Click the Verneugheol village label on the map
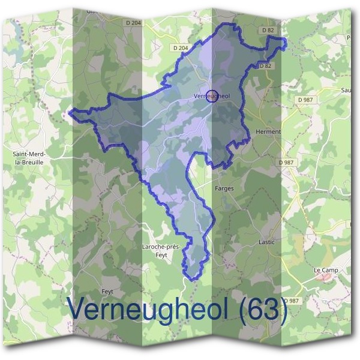(213, 96)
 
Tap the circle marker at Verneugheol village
(211, 95)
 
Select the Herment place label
(268, 132)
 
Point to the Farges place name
(224, 188)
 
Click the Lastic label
(266, 242)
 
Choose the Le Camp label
(326, 270)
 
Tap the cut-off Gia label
(92, 11)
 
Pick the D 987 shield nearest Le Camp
(291, 301)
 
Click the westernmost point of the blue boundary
(70, 111)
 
